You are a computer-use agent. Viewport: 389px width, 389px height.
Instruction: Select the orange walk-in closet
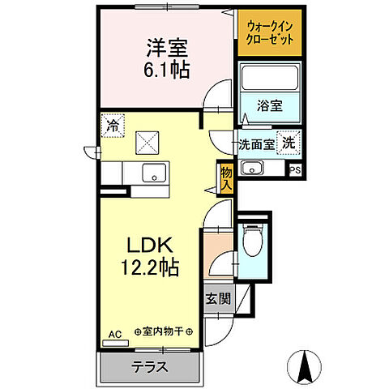269,33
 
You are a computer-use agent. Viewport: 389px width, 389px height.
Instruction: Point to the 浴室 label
270,105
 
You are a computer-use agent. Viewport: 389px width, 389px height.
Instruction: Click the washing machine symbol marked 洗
288,142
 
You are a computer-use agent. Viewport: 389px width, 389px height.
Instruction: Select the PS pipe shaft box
295,170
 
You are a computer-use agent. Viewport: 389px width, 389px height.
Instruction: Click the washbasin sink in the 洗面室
253,169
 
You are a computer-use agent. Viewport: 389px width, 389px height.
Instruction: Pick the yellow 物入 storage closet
227,177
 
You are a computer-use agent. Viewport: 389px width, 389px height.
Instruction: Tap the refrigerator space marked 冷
113,126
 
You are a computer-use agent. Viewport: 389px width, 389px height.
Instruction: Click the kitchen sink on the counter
151,173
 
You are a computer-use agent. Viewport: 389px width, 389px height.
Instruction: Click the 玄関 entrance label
217,297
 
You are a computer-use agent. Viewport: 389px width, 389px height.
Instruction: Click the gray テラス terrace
150,366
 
